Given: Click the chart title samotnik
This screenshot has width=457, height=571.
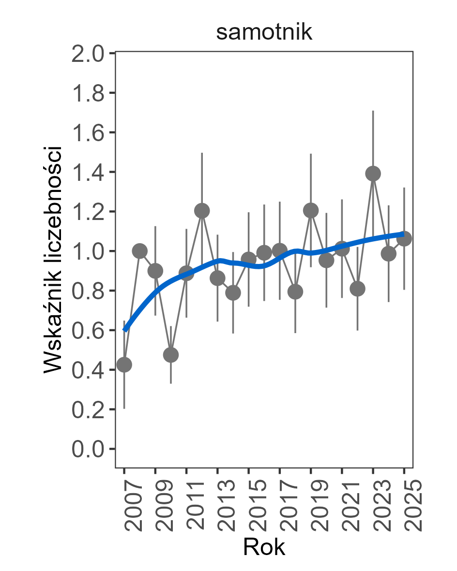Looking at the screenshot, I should click(264, 33).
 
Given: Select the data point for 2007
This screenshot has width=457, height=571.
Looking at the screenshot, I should click(124, 364).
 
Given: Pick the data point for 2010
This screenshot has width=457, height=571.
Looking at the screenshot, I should click(171, 355).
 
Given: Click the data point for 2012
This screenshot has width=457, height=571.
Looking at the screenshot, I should click(202, 211).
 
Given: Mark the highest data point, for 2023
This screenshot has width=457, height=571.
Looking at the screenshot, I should click(373, 174).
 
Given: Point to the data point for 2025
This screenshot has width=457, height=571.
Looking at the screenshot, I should click(404, 238).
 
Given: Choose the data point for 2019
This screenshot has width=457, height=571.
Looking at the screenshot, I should click(311, 210).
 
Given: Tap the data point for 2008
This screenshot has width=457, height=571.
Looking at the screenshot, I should click(139, 251).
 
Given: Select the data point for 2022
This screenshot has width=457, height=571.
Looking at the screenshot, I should click(357, 289).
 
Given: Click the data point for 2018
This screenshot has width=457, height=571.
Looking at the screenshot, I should click(295, 292).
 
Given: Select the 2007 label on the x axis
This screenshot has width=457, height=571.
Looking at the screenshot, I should click(125, 505).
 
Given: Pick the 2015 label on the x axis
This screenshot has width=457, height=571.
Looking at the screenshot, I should click(249, 505).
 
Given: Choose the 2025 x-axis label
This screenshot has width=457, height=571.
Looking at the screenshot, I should click(404, 505).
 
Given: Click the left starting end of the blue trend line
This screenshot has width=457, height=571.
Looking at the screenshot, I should click(125, 330).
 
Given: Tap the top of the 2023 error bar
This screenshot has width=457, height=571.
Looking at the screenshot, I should click(373, 111).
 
